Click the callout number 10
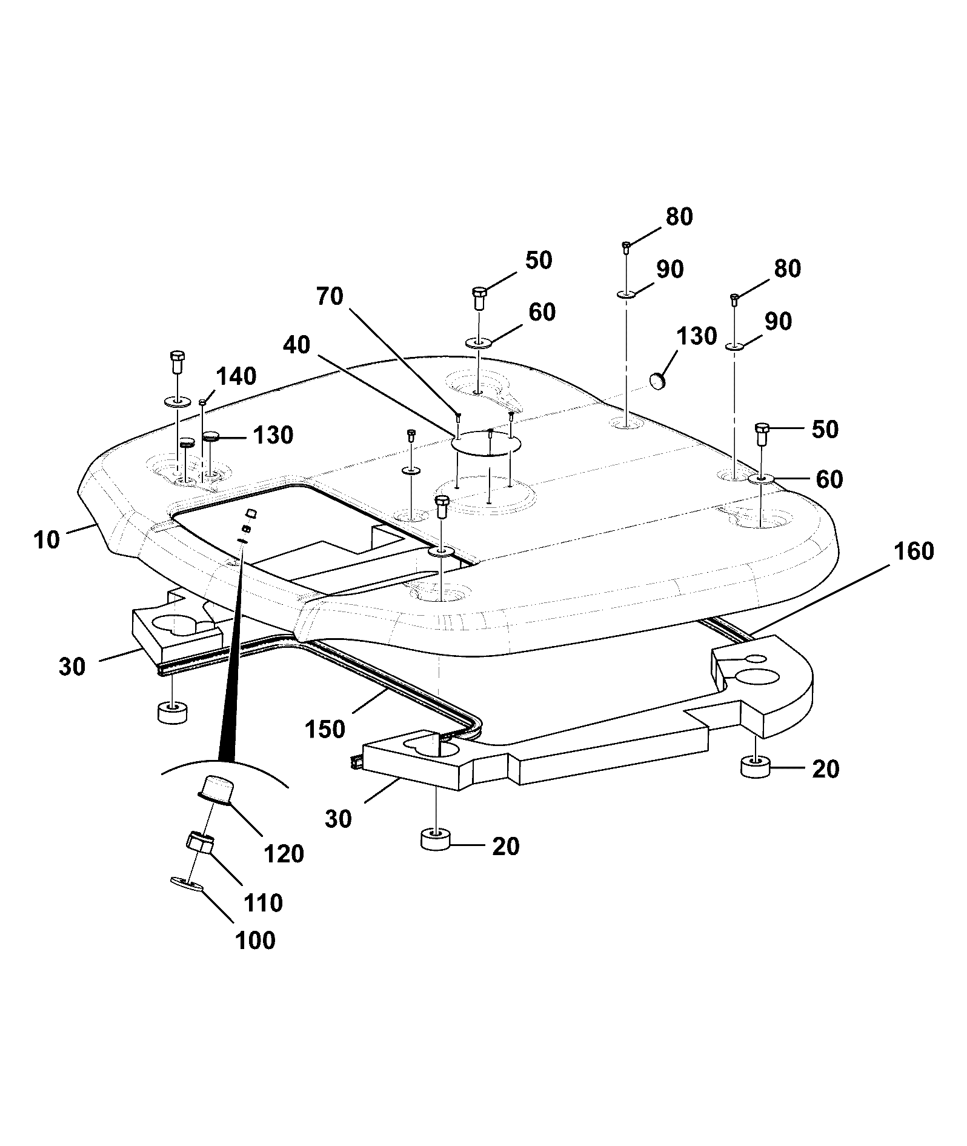click(47, 539)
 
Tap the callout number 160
click(914, 551)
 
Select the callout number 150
click(326, 729)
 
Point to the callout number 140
click(236, 376)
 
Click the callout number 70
click(330, 296)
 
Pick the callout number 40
click(297, 345)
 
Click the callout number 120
click(284, 854)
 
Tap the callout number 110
click(263, 903)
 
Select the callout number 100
click(255, 941)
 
